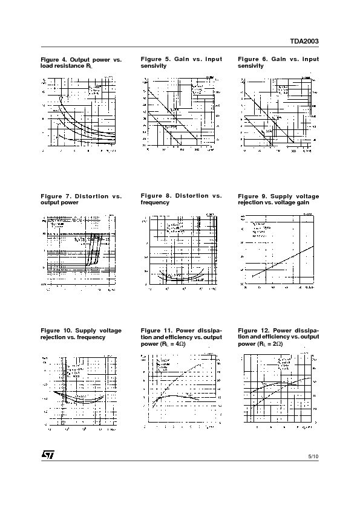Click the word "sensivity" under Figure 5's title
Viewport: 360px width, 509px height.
153,66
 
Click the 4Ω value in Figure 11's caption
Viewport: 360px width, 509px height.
178,344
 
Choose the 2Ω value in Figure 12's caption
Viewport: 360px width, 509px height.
276,344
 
